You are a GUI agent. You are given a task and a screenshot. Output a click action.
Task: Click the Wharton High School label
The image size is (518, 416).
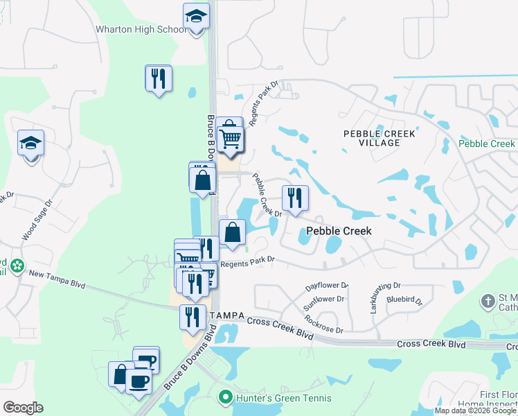coord(141,30)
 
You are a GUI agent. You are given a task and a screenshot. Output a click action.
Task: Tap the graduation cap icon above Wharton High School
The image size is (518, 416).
coord(196,17)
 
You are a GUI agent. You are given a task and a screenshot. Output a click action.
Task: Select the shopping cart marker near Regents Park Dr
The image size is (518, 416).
coord(230,135)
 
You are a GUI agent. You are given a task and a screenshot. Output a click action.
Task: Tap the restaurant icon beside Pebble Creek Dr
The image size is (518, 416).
coord(295,198)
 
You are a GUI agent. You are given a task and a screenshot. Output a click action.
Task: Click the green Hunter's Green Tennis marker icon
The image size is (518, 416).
coord(224,398)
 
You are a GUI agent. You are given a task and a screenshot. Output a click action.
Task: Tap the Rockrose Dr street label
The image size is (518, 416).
coord(323,324)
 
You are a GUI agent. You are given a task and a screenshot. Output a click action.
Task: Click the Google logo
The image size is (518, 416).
coord(23,408)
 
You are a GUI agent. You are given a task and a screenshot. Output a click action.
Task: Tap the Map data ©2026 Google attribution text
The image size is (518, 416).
coord(474,410)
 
